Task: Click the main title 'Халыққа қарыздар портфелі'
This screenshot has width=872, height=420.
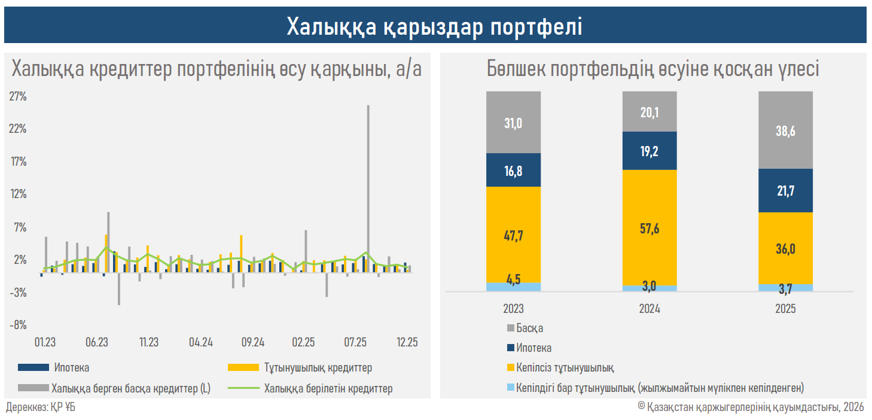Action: point(435,26)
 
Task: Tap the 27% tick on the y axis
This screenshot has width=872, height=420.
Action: point(18,96)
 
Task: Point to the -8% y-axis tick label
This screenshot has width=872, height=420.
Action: point(18,325)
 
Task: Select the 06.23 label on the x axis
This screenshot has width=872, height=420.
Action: point(97,343)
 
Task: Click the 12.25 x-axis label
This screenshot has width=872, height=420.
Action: point(407,343)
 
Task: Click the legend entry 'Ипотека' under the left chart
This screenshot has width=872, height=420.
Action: point(71,367)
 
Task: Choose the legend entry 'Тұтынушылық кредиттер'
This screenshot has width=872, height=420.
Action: point(318,367)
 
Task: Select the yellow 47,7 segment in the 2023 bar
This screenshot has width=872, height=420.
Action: point(513,235)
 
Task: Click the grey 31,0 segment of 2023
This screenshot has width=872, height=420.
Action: point(513,123)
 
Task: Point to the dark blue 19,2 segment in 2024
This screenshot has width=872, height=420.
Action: point(650,151)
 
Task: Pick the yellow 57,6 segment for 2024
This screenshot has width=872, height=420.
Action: point(650,228)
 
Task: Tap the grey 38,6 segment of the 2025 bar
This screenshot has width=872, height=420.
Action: point(785,130)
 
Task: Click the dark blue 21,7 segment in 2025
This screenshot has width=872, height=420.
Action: point(785,190)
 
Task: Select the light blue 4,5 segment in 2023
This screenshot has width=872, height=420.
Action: point(513,287)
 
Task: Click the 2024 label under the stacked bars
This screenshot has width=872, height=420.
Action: point(650,309)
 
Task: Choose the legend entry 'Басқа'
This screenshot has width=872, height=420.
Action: point(529,328)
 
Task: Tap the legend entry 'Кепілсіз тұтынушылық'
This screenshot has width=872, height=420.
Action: point(565,367)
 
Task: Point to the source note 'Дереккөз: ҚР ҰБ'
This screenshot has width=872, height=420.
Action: point(41,408)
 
